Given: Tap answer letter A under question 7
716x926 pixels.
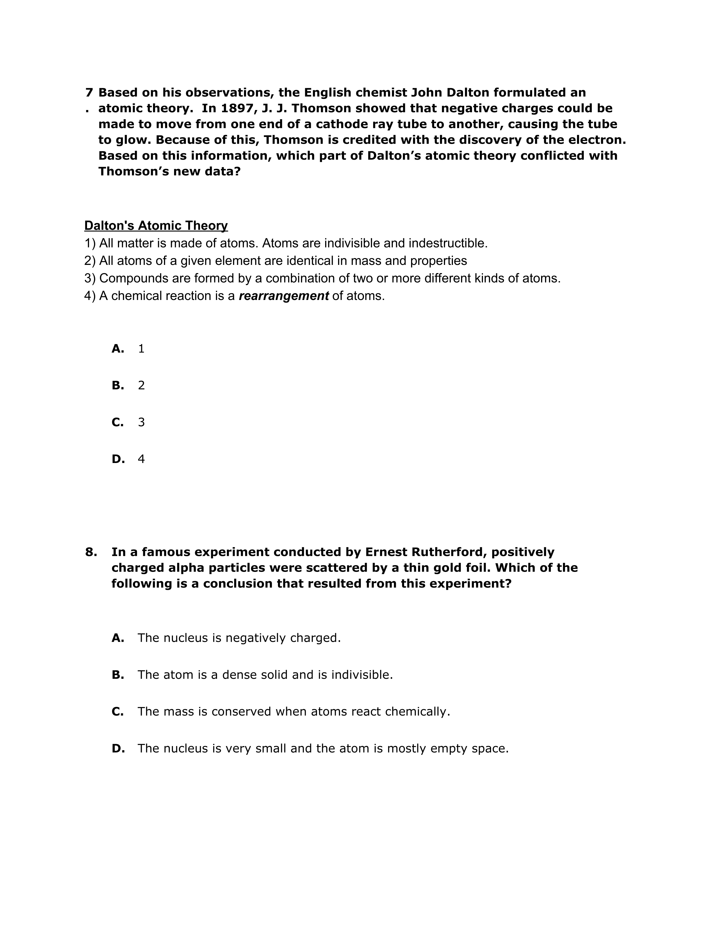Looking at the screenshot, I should pos(117,349).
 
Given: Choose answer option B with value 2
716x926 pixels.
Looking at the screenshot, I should pos(141,385).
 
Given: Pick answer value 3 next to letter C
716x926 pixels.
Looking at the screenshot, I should pos(141,422).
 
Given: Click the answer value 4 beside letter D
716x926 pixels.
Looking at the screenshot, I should pos(141,459).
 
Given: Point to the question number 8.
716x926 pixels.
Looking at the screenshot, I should pos(91,552).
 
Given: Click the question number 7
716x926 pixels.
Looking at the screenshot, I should pos(89,92).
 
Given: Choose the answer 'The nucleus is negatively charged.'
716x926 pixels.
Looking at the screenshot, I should pos(239,638).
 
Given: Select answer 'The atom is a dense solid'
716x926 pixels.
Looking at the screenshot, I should pos(265,675).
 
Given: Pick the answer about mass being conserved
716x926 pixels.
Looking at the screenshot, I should pos(293,711).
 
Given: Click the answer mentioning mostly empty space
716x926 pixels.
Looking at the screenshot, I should pos(322,749).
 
